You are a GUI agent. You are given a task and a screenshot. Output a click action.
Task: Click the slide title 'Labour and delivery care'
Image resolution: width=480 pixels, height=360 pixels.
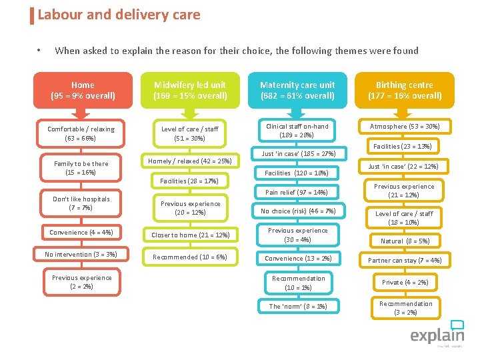119,15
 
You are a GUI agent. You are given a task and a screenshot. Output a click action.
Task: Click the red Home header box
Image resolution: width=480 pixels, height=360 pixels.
83,90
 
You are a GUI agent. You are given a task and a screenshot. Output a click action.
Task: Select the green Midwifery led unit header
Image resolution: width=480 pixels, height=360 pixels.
190,90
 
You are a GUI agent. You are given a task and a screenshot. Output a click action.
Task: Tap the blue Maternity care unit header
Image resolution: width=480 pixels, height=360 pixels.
297,90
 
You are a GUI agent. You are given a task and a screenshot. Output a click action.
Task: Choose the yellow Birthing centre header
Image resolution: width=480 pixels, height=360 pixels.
405,90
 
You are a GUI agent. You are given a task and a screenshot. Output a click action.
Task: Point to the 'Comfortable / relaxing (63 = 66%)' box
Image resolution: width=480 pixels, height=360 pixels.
81,133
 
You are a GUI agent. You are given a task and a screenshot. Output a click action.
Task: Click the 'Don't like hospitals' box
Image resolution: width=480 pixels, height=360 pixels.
81,203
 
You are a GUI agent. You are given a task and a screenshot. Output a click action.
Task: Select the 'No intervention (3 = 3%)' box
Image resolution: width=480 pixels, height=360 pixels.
81,254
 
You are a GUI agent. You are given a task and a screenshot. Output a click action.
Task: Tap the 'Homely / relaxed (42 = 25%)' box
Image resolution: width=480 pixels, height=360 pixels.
189,161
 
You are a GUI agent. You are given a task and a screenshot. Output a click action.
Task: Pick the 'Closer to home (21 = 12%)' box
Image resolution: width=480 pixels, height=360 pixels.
190,235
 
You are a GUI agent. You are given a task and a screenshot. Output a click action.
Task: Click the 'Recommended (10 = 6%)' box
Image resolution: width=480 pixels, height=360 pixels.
190,257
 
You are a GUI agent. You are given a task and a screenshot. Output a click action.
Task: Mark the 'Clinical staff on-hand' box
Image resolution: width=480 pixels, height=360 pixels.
297,131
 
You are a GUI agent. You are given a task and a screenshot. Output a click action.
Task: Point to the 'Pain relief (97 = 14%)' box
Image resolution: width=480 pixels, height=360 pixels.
297,192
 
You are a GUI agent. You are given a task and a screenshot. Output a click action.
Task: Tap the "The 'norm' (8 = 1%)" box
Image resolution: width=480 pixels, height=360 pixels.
297,306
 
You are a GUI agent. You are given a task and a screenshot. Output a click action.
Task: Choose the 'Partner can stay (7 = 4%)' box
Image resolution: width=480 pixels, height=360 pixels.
405,260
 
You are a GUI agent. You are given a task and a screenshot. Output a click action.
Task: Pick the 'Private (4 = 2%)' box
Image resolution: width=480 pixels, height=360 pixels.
405,282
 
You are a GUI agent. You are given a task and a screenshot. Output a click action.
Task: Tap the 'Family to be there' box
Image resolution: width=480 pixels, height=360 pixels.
81,168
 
